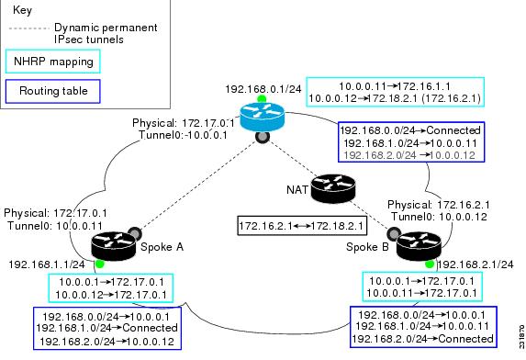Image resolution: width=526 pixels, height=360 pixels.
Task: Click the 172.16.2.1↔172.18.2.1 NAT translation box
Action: [302, 224]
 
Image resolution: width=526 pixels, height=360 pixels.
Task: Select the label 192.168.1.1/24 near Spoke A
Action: [47, 264]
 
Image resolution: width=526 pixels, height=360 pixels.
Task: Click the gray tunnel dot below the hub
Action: [262, 136]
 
